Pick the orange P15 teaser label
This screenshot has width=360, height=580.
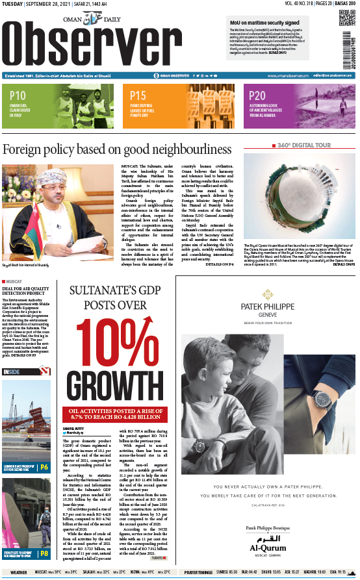pyautogui.click(x=138, y=95)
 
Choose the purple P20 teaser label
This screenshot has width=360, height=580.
pyautogui.click(x=257, y=95)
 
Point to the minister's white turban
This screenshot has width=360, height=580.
pyautogui.click(x=46, y=175)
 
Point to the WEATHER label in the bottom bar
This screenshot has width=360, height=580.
pyautogui.click(x=19, y=572)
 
